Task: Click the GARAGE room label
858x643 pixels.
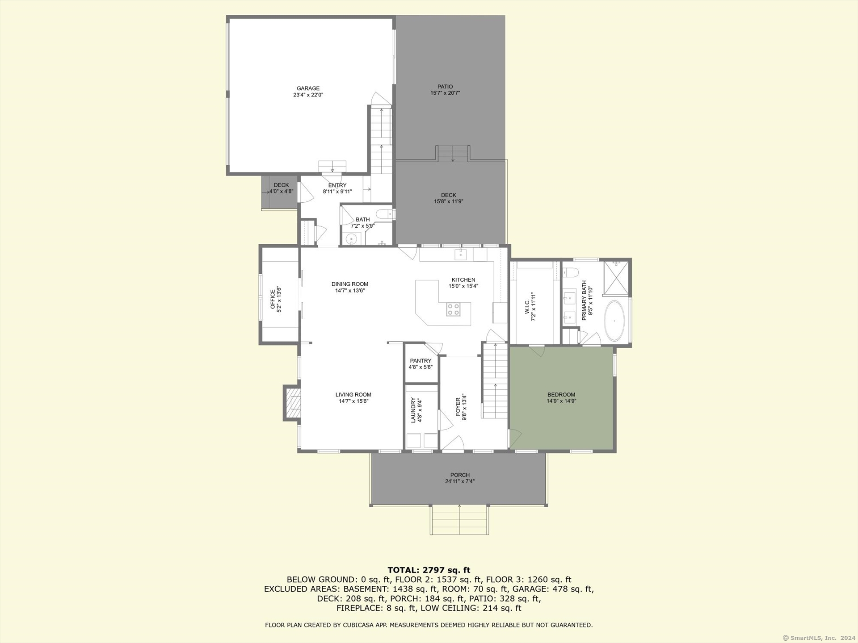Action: (308, 88)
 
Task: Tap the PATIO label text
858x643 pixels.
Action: (445, 87)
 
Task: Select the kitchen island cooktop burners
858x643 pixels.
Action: (453, 309)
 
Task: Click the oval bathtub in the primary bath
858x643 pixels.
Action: (614, 321)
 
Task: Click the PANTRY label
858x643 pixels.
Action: (421, 361)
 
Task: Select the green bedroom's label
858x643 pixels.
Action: (561, 395)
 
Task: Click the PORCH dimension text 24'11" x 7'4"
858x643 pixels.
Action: (460, 481)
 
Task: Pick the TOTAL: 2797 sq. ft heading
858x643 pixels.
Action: (429, 570)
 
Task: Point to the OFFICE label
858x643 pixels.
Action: (273, 299)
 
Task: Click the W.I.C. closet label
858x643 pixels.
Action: (527, 307)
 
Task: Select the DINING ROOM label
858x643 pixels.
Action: (350, 284)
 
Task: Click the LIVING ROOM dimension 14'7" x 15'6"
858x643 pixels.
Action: (353, 401)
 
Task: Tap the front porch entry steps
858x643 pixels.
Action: (459, 520)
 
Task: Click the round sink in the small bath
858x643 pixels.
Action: (352, 239)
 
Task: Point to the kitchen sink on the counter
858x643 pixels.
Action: (460, 255)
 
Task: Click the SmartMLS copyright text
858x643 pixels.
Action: (819, 638)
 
